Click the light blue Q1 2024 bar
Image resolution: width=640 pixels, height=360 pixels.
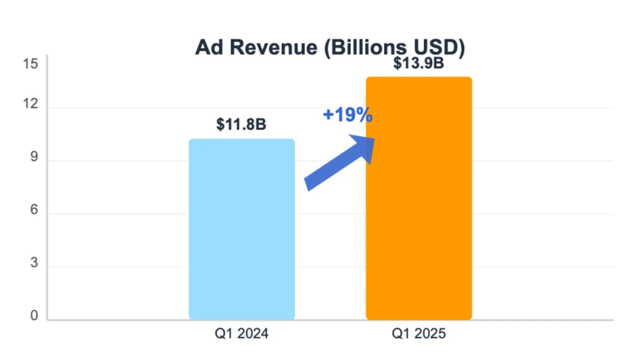[x=242, y=229]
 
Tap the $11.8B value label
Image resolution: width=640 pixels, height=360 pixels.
[x=241, y=125]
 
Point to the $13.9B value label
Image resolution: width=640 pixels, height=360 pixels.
[x=418, y=63]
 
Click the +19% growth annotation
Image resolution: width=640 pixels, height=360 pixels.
[x=347, y=114]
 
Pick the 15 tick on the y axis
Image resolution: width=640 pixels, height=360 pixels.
[x=31, y=64]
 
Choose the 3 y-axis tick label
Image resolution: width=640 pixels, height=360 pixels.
[x=34, y=263]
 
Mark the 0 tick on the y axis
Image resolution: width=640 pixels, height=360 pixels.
[x=34, y=316]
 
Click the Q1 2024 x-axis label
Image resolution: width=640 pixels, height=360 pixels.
[x=241, y=334]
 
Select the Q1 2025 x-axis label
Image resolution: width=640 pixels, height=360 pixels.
[x=418, y=334]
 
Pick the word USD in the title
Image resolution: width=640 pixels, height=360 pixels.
[x=439, y=47]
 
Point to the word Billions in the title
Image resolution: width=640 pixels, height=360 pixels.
[x=368, y=47]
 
